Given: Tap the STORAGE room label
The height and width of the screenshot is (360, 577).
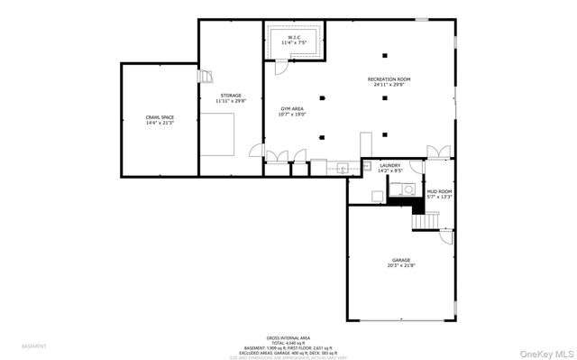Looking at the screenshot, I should pos(231,95).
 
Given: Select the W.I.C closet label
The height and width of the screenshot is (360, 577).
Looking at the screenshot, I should pos(294,38).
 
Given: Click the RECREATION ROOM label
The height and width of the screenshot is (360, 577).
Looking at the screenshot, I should pos(389,80).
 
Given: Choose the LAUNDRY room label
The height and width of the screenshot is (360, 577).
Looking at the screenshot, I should pos(389,165).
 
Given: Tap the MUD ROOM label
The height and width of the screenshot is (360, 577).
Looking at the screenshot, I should pos(439,191).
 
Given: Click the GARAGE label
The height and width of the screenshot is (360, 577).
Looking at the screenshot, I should pos(401,260).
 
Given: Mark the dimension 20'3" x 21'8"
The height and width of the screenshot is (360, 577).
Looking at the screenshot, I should pos(401,266).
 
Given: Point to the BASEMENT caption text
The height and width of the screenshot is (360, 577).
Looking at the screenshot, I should pos(34,346).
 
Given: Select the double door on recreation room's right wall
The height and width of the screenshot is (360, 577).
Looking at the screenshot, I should pos(439,150).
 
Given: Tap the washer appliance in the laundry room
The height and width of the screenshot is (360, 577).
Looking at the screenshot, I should pos(404,189).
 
